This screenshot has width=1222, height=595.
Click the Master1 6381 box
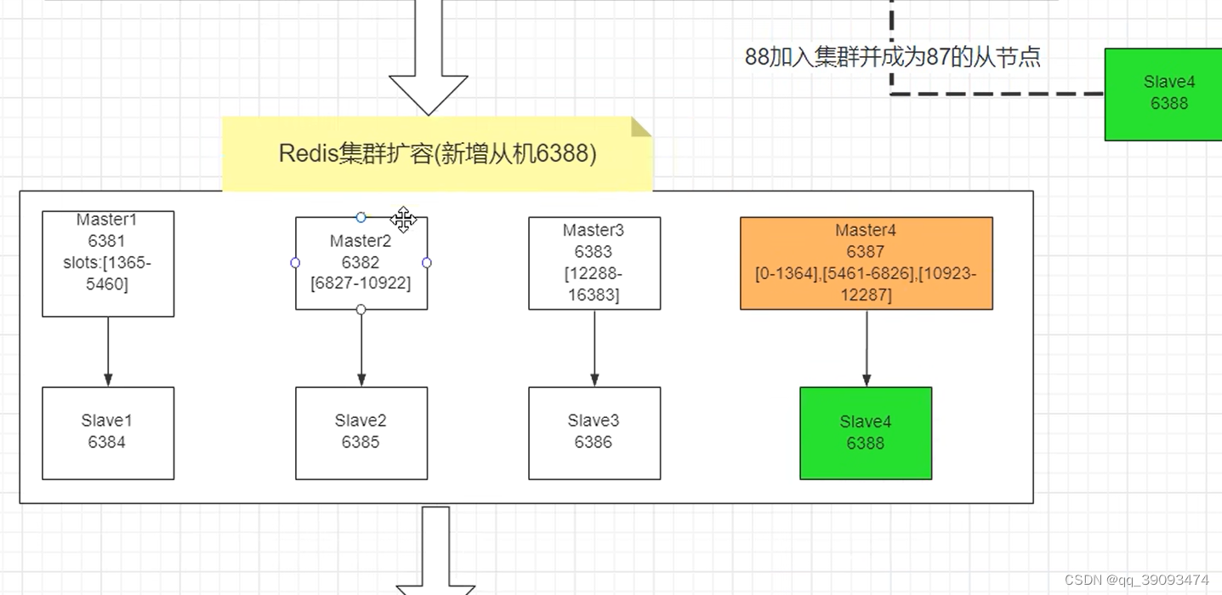(108, 264)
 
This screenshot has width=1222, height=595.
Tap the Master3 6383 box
(594, 263)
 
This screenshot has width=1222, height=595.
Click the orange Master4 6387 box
(866, 263)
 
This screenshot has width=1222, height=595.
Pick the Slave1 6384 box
(108, 432)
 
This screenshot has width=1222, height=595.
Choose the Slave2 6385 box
(361, 432)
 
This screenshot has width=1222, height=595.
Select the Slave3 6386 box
(594, 432)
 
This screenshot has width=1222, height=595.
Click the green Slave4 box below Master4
(866, 433)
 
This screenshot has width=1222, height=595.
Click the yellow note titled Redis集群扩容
(437, 154)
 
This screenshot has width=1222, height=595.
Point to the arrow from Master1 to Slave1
(108, 351)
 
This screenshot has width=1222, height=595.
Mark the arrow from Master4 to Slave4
(867, 349)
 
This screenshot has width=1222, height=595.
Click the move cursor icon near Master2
(404, 219)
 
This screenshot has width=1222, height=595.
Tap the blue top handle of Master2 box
(361, 218)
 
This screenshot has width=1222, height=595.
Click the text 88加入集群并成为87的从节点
(892, 57)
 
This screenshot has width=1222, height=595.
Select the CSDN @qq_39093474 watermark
(1136, 580)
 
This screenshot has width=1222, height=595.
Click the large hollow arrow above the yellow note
(429, 60)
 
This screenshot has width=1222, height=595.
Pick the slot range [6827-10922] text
(361, 283)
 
